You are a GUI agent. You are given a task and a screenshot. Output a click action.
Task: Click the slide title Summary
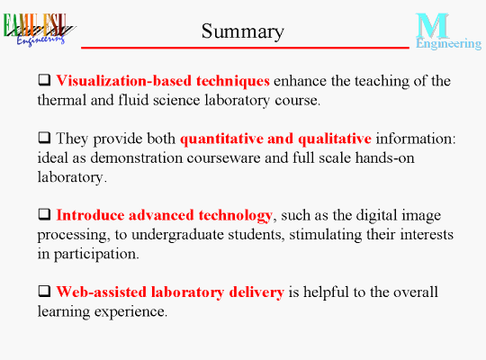243,31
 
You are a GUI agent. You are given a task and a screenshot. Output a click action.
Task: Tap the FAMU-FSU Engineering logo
39,30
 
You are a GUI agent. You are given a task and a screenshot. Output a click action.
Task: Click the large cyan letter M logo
432,25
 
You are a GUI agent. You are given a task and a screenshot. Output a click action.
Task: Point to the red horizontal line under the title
245,48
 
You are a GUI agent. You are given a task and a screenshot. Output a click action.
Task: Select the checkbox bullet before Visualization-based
45,80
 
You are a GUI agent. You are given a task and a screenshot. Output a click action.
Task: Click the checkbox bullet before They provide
45,138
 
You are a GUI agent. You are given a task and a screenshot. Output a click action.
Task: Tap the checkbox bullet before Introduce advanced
45,214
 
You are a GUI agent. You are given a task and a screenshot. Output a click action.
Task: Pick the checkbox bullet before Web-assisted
45,291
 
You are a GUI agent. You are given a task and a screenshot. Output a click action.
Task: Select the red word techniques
233,81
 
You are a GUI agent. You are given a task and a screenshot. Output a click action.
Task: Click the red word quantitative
221,139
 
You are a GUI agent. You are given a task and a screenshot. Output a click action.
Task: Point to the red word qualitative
335,139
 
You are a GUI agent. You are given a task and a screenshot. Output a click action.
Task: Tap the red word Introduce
90,215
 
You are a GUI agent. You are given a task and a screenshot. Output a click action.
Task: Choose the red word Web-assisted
102,292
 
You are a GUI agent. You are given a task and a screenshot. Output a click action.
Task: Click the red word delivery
256,292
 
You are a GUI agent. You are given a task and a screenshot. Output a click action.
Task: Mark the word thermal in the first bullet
62,100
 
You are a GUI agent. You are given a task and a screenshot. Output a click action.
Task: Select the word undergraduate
177,235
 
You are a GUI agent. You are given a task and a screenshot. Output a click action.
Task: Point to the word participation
96,255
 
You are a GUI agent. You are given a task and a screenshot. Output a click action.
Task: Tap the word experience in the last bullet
130,312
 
